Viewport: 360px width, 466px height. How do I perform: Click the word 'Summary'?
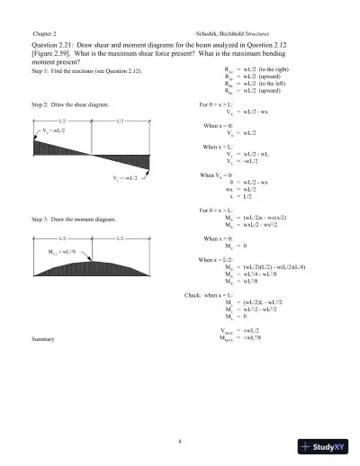coord(44,339)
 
